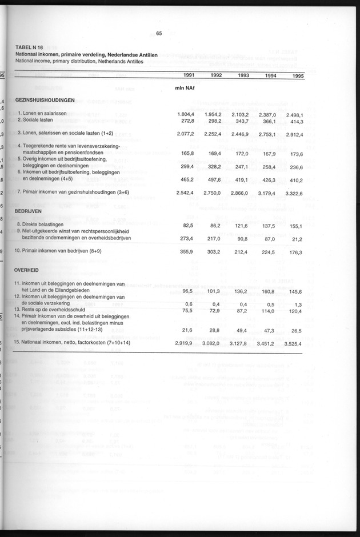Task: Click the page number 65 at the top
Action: click(x=159, y=33)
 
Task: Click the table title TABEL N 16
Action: click(x=33, y=48)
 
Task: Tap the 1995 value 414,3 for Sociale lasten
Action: click(x=295, y=121)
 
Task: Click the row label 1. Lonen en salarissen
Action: click(x=46, y=114)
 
